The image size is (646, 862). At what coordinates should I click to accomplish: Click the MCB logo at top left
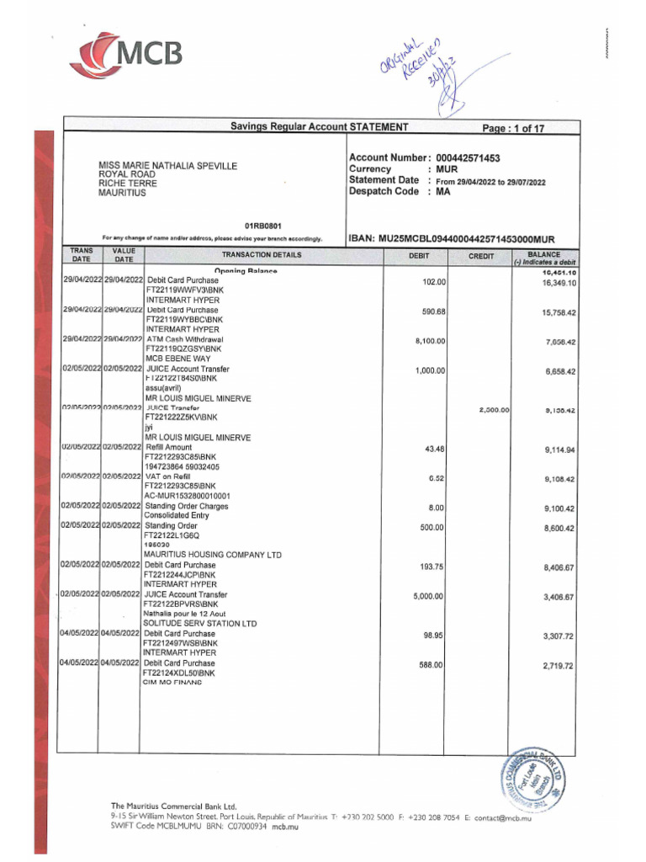point(126,55)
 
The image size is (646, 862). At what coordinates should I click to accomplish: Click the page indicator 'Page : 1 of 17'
point(512,129)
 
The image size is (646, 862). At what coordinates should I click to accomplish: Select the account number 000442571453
point(468,158)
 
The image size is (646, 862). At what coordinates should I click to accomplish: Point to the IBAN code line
point(452,240)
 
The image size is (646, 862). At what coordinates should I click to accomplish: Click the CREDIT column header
point(481,256)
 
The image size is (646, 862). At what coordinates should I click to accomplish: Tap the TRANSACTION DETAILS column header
point(262,256)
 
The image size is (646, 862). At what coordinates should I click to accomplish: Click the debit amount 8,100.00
point(430,341)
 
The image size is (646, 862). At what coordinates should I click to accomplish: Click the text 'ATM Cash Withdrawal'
point(184,339)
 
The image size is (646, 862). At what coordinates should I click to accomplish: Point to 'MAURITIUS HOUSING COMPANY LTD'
point(212,555)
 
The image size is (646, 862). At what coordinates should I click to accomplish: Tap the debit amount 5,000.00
point(430,596)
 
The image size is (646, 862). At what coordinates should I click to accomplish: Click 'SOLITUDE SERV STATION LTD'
point(199,624)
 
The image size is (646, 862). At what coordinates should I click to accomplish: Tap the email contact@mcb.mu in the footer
point(503,817)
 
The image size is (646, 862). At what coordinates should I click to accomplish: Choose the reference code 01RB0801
point(262,226)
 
